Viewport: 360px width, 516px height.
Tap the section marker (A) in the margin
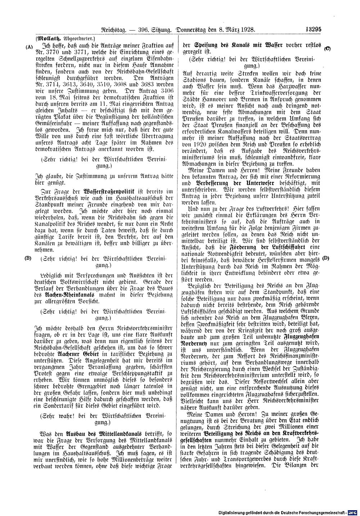point(29,47)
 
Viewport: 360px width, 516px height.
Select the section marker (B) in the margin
point(29,259)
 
